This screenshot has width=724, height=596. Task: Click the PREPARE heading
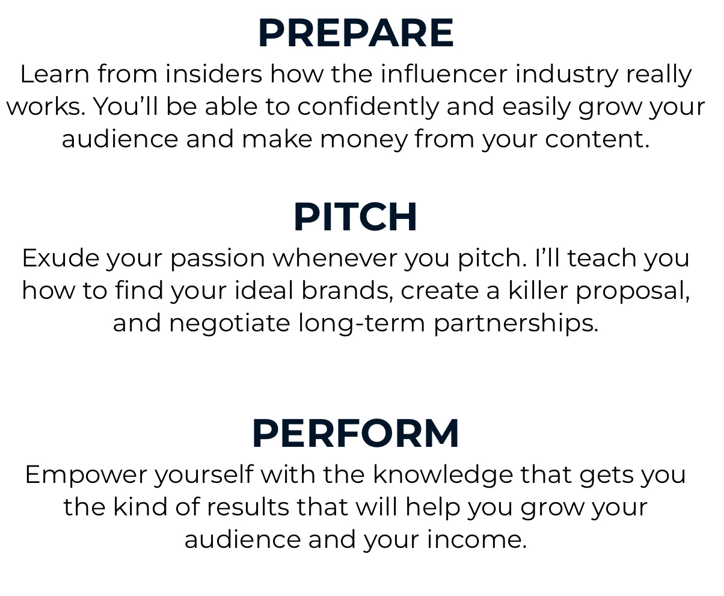(x=355, y=34)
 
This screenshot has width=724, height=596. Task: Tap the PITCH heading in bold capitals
(x=355, y=218)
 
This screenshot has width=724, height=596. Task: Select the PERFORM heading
(x=355, y=434)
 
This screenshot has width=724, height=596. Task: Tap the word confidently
(x=368, y=107)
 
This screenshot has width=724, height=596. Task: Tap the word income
(x=476, y=539)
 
